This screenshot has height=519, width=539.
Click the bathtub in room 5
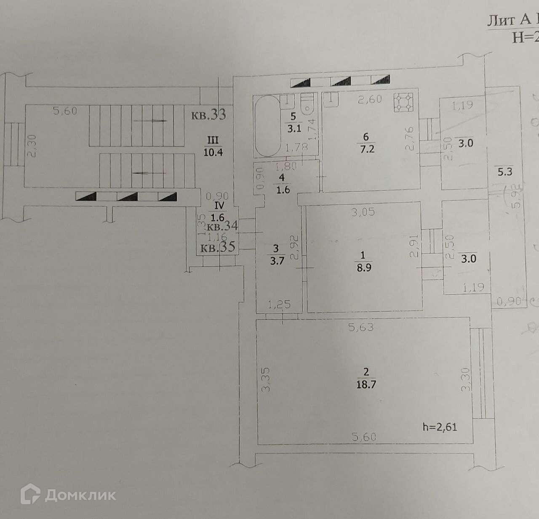click(267, 126)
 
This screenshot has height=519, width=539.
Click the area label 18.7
click(366, 384)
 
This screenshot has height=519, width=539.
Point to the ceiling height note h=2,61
click(440, 427)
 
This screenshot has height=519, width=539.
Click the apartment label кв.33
click(208, 115)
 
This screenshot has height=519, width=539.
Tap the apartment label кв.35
click(217, 247)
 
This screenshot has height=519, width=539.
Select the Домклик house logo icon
click(30, 494)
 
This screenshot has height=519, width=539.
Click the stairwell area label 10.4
click(213, 152)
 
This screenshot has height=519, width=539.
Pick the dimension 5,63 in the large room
click(361, 327)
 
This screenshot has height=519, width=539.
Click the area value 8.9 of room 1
click(364, 267)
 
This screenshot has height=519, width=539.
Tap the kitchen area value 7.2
click(367, 149)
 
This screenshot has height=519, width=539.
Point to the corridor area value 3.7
click(277, 261)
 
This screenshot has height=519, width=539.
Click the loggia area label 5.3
click(504, 172)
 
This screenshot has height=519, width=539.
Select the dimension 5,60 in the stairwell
click(65, 111)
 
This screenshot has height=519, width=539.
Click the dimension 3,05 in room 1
click(363, 212)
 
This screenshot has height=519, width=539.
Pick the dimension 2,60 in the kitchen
click(369, 99)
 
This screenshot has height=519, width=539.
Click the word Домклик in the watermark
click(80, 495)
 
